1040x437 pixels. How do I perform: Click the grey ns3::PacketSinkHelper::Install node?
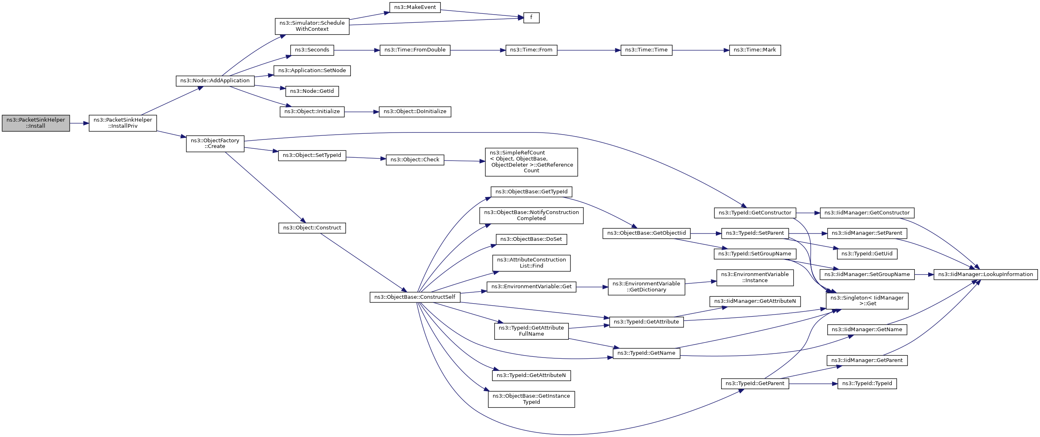point(36,123)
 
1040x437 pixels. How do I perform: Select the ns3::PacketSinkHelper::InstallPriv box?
point(123,123)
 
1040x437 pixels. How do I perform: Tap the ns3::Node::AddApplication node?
point(215,81)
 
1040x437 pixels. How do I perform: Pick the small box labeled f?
point(531,18)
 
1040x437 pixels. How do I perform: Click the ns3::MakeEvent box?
point(415,7)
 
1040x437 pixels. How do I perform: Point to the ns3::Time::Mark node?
point(755,50)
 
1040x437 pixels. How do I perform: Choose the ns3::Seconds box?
point(312,50)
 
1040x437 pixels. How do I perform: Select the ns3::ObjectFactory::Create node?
point(215,144)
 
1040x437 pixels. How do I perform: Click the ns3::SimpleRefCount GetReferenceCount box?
point(531,162)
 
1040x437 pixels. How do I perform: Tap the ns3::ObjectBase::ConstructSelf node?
point(415,297)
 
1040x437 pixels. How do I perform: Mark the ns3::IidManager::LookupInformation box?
point(986,274)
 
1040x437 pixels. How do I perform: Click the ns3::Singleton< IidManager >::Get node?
point(867,301)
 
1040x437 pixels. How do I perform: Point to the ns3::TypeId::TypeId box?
point(867,383)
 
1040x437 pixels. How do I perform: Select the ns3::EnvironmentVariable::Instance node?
point(755,278)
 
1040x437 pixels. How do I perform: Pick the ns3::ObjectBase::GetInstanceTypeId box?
point(531,399)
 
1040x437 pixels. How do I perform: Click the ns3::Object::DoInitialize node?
point(415,112)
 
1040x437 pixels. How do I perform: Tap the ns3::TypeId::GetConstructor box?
point(755,213)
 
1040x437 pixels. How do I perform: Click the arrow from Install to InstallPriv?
point(79,123)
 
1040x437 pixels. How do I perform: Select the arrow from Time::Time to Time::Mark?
point(700,50)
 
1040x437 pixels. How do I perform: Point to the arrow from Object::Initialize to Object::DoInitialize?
point(362,112)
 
